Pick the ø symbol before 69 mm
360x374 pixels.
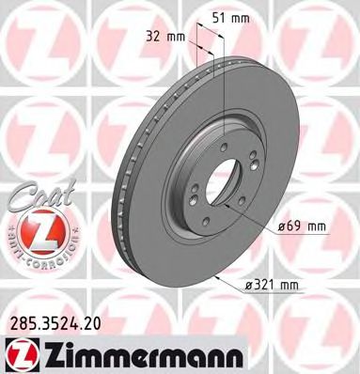[x=283, y=226]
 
